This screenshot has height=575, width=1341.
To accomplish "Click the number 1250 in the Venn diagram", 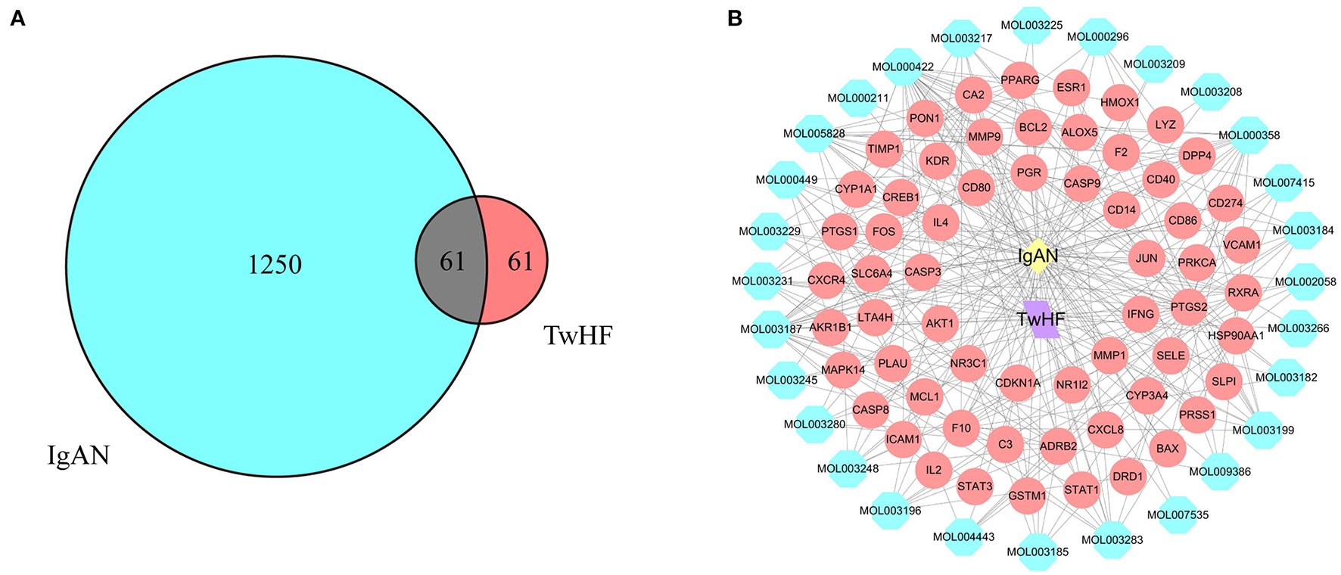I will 275,264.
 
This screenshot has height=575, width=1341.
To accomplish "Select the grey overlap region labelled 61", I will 452,261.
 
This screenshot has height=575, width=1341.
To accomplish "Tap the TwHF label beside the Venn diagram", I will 578,335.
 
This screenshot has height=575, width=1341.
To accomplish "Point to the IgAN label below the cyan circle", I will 79,455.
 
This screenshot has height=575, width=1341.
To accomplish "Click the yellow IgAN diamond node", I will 1038,256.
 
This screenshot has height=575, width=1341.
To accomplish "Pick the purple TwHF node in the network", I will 1041,319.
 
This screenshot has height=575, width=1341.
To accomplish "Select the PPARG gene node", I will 1019,80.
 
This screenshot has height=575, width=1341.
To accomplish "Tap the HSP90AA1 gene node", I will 1236,335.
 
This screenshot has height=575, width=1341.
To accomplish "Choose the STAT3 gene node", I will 974,486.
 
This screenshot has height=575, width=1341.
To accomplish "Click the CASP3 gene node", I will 923,272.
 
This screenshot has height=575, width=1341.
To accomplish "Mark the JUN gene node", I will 1146,258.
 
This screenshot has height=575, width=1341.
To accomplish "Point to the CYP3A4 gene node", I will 1147,395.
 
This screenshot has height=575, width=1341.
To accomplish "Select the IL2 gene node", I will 933,470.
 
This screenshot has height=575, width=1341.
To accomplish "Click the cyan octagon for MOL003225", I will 1031,25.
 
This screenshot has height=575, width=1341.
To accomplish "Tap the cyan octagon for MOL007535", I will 1178,515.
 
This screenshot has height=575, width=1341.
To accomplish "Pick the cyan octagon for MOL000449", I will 786,180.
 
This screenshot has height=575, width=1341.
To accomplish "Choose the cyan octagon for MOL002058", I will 1305,281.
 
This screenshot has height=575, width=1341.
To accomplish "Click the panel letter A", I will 17,19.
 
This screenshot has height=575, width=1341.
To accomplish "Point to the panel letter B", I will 734,19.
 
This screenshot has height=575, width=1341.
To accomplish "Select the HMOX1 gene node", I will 1119,102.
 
